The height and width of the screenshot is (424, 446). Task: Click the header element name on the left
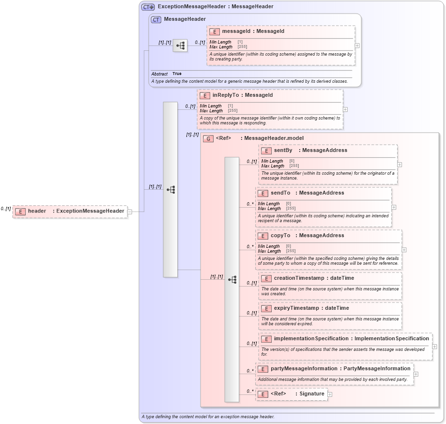coord(37,211)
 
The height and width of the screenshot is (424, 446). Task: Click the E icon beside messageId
coord(215,32)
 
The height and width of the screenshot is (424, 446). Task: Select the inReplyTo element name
coord(228,95)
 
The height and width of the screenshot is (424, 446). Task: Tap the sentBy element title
coord(283,151)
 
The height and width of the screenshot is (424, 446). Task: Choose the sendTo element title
coord(280,193)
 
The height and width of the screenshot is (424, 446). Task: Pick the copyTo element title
coord(280,236)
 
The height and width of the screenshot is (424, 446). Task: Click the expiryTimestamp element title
coord(296,308)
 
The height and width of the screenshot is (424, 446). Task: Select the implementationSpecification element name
coord(310,339)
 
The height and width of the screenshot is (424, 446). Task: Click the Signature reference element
coord(311,394)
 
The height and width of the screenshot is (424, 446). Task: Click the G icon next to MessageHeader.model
coord(208,139)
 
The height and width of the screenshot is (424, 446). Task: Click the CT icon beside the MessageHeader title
coord(156,20)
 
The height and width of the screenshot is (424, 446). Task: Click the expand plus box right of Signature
coord(330,394)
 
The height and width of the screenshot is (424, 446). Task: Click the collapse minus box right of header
coord(129,212)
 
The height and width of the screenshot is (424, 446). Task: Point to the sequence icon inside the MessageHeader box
coord(180,46)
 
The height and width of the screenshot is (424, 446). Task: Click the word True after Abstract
coord(177,74)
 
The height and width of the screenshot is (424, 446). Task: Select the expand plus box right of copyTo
coord(404,250)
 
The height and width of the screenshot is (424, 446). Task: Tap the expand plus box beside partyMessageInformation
coord(416,374)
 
